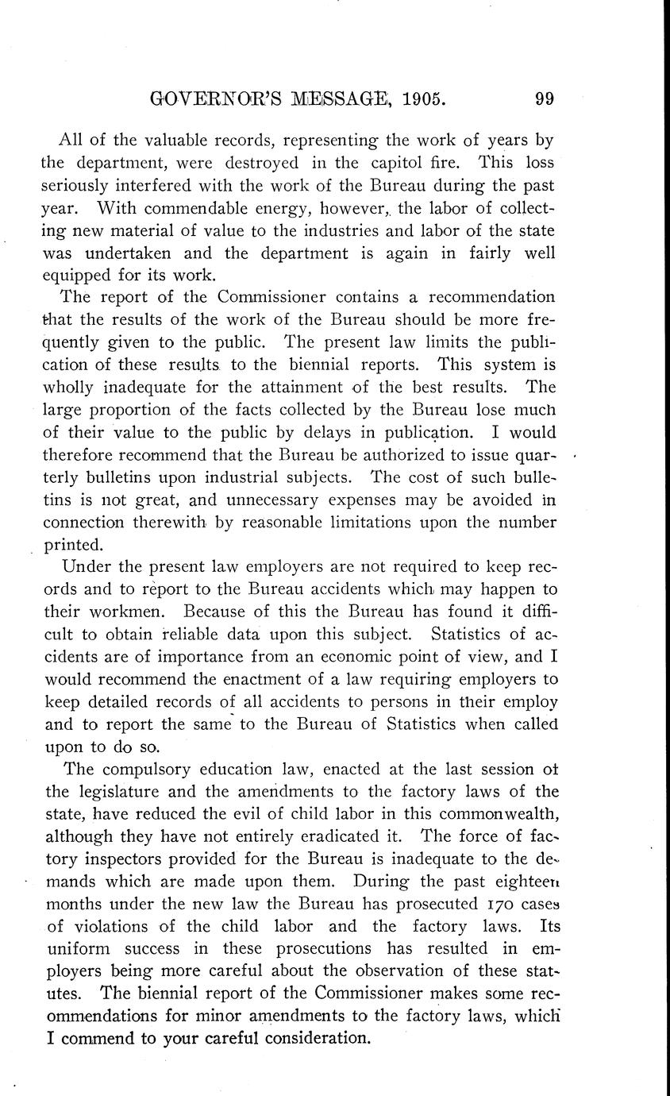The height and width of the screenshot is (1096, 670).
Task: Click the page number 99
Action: [544, 99]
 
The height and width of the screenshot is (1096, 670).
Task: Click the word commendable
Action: [184, 209]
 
